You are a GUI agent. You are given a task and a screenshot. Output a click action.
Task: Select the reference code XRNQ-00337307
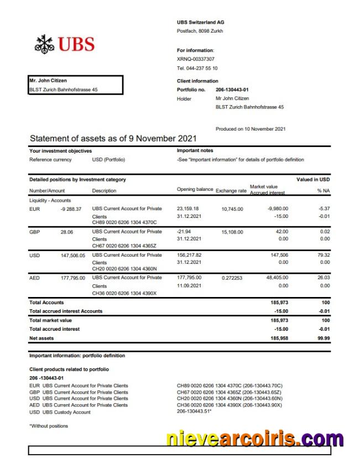pyautogui.click(x=196, y=59)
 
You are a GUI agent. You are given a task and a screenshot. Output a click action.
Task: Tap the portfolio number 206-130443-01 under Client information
pyautogui.click(x=232, y=90)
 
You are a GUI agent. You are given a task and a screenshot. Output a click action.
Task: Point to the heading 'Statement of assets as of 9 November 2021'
pyautogui.click(x=113, y=138)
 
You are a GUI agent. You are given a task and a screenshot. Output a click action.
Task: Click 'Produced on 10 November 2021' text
pyautogui.click(x=251, y=129)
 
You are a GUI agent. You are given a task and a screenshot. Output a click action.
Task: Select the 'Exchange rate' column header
pyautogui.click(x=231, y=190)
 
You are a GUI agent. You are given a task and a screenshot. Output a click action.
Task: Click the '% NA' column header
pyautogui.click(x=323, y=191)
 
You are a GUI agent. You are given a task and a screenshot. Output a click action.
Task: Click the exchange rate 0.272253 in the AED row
pyautogui.click(x=232, y=278)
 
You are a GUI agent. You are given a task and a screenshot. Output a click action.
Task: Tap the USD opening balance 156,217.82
pyautogui.click(x=189, y=255)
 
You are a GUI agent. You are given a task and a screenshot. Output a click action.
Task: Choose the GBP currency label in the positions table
pyautogui.click(x=34, y=232)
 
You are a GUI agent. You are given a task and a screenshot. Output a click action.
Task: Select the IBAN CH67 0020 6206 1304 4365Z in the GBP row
pyautogui.click(x=124, y=246)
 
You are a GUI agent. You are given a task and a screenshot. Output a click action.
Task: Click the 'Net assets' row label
pyautogui.click(x=41, y=337)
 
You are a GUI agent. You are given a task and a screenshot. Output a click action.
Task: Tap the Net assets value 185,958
pyautogui.click(x=279, y=337)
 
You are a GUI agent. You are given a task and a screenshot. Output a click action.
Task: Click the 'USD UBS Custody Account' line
pyautogui.click(x=60, y=412)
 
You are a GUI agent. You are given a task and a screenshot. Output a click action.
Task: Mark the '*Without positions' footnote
pyautogui.click(x=49, y=426)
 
